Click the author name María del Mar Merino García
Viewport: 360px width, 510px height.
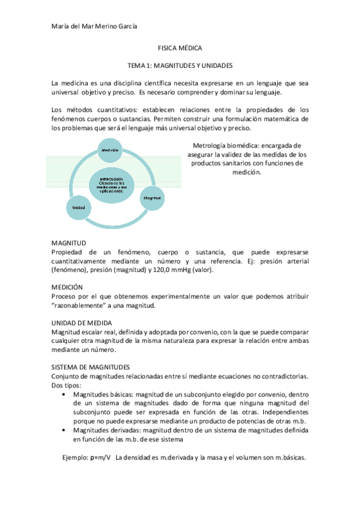[x=94, y=25]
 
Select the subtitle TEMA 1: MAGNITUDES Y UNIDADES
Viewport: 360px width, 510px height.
[x=180, y=64]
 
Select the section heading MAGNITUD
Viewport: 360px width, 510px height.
[x=69, y=242]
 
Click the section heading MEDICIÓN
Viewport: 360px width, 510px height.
[x=67, y=287]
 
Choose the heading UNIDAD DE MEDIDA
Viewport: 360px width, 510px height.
[x=82, y=323]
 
